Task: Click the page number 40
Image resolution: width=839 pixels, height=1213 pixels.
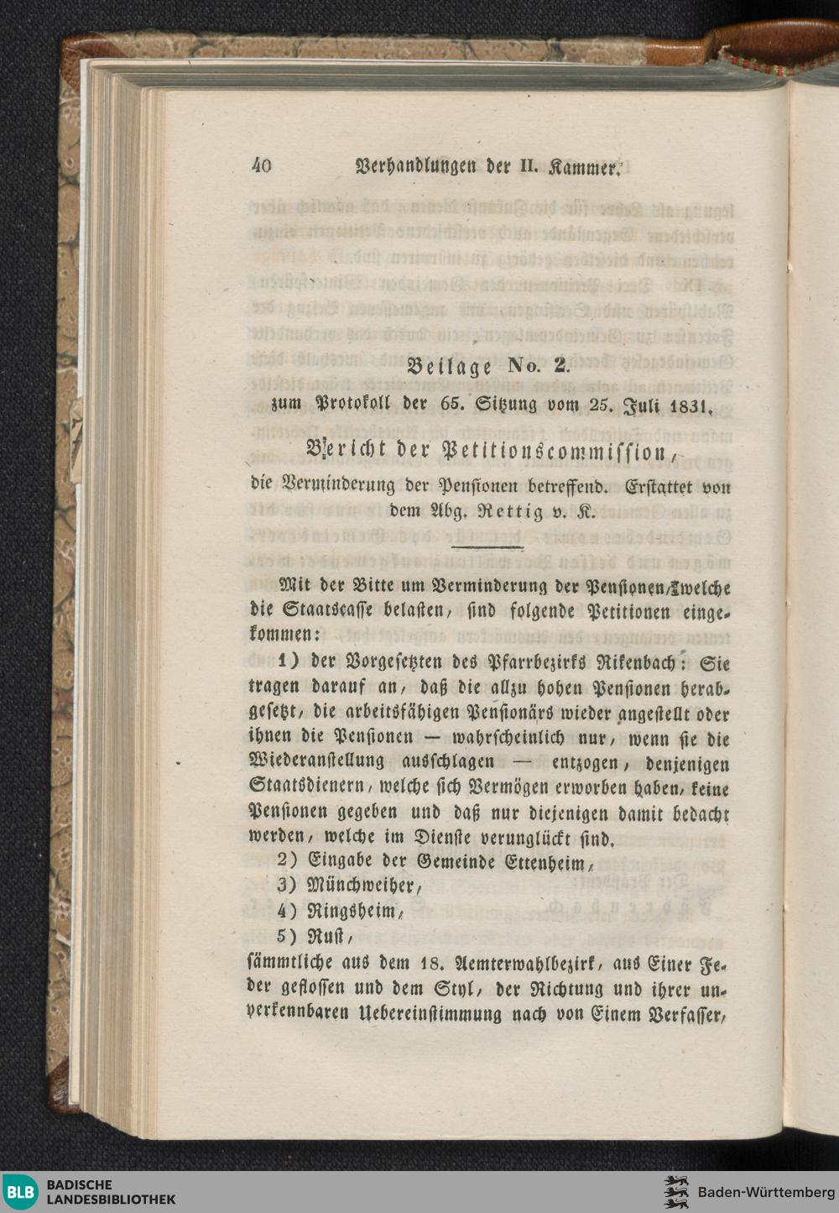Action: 262,166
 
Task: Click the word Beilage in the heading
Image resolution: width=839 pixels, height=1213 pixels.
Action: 448,366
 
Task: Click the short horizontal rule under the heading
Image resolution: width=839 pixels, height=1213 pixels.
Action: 487,546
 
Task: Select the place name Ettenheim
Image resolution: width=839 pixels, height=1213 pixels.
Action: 550,862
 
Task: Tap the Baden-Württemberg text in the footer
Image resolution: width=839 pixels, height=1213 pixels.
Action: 766,1192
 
